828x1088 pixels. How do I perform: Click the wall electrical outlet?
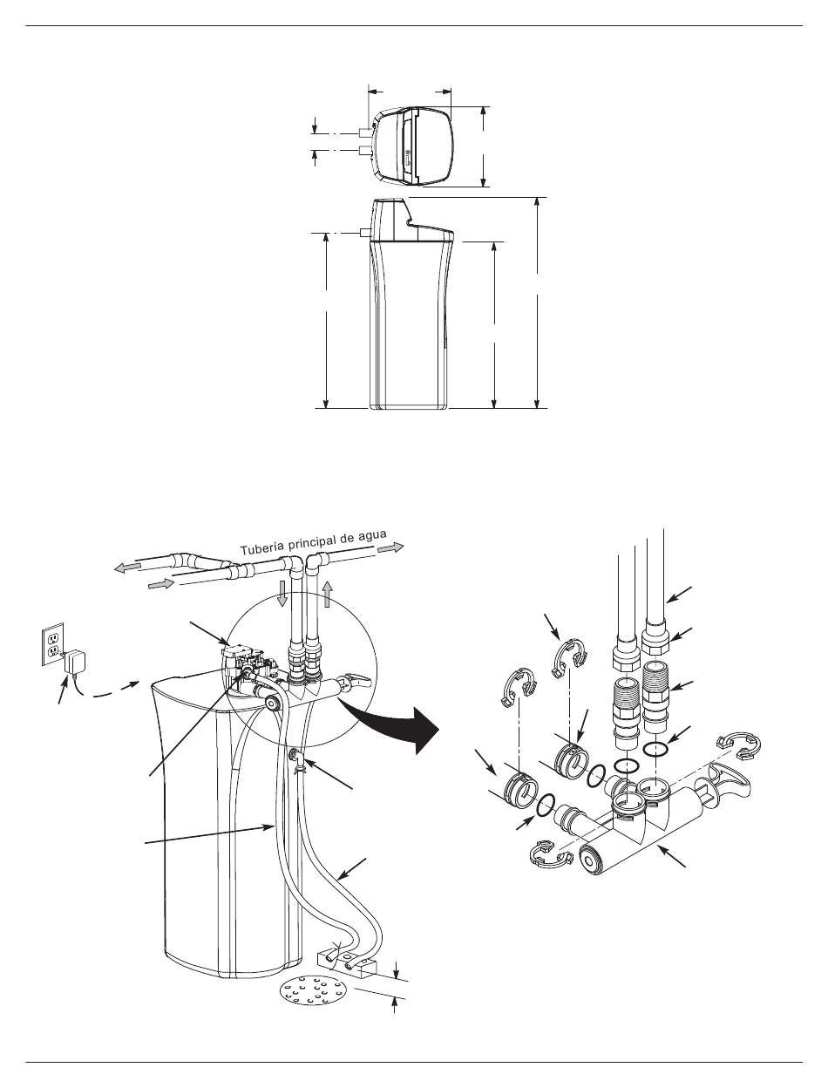pos(52,644)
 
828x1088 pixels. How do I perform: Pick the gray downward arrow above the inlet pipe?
pos(282,594)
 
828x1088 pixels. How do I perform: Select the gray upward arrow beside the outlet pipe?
pos(327,594)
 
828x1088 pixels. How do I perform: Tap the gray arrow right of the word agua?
pos(391,547)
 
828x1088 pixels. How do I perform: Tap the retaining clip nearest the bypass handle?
pos(739,745)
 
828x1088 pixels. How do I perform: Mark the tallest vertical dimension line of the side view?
pos(538,303)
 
